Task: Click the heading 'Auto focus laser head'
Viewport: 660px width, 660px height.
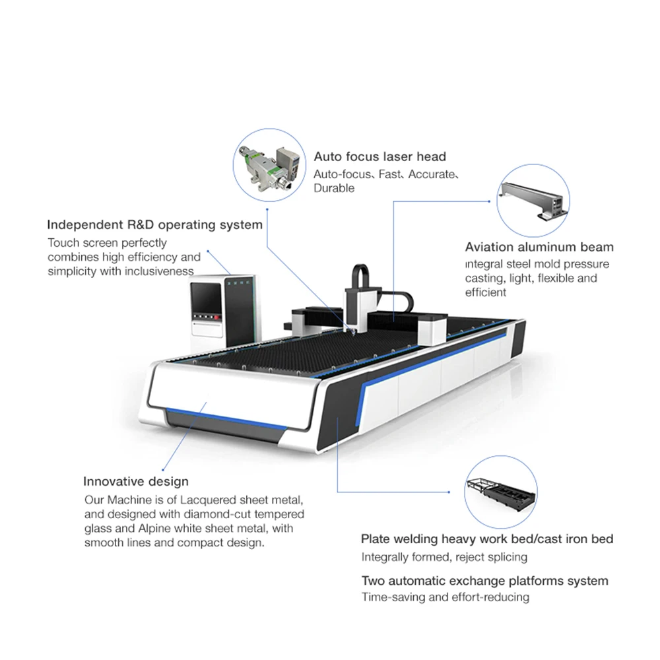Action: tap(379, 157)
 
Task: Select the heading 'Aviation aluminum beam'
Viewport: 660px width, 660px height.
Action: tap(539, 247)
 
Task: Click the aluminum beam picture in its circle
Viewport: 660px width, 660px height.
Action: tap(533, 201)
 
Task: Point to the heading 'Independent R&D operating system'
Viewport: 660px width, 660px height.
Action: tap(155, 225)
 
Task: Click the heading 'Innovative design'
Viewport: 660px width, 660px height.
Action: tap(136, 482)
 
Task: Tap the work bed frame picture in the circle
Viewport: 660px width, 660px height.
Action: tap(500, 492)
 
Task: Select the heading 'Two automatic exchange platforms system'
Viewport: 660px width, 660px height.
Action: tap(484, 581)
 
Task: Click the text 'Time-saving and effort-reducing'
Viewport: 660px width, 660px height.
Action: tap(445, 597)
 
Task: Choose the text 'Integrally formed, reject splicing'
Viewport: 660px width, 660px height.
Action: tap(444, 558)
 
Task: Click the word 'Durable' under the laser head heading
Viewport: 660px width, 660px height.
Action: tap(334, 189)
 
